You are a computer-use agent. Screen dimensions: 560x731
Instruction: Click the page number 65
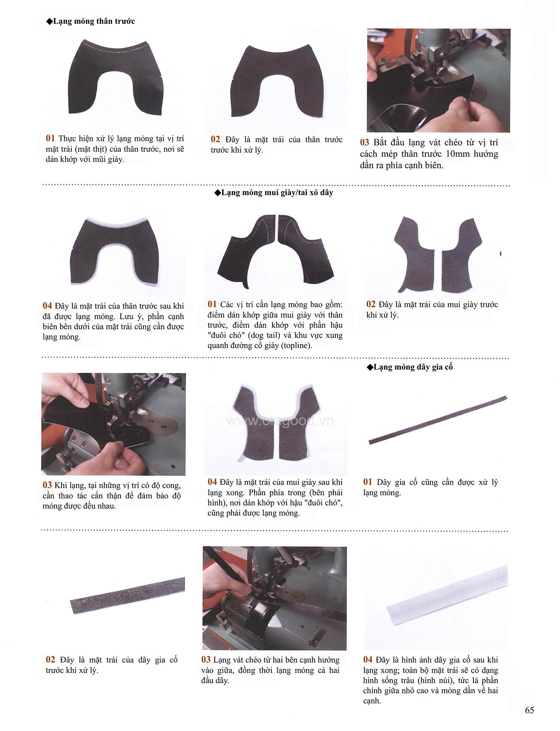529,710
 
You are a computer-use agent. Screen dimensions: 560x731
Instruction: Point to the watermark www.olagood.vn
280,421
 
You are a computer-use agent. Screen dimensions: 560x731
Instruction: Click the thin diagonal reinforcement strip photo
438,420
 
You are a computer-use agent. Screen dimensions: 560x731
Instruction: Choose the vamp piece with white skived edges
115,251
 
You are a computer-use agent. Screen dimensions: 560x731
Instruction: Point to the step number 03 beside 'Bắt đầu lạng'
365,142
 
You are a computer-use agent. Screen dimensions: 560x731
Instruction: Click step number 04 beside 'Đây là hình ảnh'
368,660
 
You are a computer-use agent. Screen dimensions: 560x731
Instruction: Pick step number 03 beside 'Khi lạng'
47,485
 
